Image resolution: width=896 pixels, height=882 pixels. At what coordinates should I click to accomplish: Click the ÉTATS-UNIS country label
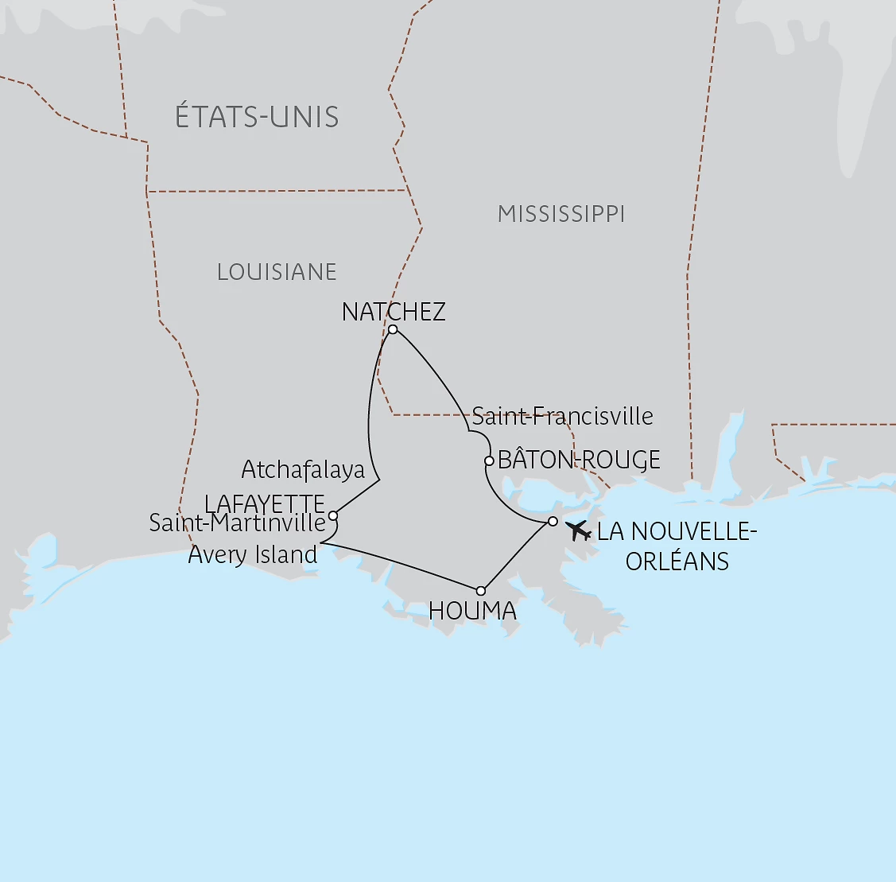(257, 118)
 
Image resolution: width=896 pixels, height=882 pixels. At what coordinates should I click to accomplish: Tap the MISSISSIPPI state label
(561, 214)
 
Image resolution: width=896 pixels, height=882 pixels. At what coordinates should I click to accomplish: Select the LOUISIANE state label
(277, 272)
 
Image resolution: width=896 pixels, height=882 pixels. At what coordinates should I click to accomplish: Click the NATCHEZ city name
(394, 312)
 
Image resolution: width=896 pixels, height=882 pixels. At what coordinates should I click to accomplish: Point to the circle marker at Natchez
(393, 329)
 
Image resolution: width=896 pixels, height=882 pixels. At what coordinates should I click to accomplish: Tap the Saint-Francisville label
(563, 416)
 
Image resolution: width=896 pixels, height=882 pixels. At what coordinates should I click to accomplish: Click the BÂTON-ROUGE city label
(579, 460)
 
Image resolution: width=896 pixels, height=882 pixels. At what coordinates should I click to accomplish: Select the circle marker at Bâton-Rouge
(489, 460)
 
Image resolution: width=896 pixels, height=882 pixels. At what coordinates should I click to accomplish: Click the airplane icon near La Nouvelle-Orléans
(577, 530)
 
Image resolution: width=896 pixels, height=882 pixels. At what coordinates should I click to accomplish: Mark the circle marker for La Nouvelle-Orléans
(553, 522)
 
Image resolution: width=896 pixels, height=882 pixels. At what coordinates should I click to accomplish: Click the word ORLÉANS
(677, 561)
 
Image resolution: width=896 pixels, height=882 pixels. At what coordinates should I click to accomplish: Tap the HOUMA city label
(472, 611)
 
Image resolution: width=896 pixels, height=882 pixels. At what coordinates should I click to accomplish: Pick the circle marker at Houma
(480, 591)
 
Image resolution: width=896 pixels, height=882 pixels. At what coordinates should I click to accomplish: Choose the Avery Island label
(253, 554)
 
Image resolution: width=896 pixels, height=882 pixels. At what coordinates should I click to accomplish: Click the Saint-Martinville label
(238, 523)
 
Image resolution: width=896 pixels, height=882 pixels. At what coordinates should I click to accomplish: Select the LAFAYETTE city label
(265, 504)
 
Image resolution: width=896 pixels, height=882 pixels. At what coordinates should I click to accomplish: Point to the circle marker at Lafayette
(333, 515)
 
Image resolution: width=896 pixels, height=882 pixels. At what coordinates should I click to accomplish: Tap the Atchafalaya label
(303, 470)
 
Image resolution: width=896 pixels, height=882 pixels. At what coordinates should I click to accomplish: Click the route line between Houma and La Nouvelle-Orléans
(517, 556)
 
